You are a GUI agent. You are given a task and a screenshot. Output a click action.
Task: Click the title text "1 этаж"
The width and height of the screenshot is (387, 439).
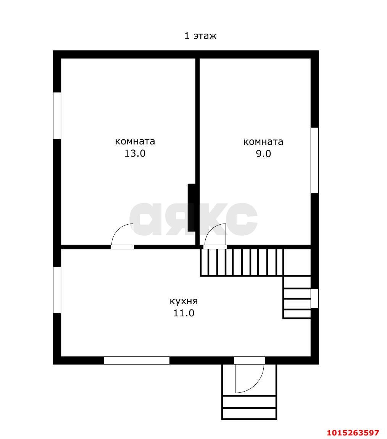coord(200,36)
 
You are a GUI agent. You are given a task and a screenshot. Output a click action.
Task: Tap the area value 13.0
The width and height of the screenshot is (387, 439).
coord(135,154)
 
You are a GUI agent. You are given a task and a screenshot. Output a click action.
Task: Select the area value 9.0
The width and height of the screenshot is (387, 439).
coord(263,154)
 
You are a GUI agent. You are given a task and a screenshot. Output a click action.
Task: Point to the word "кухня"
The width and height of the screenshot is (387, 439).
coord(184,301)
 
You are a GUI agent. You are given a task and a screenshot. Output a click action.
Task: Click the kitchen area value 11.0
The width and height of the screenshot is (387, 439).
coord(184,313)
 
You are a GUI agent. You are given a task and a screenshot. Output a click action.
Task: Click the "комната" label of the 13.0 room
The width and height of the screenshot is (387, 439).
coord(135,141)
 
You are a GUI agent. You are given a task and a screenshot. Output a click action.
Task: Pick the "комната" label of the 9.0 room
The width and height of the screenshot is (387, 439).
coord(263,142)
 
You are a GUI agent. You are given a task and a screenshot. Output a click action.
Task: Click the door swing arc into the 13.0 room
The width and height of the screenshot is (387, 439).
coord(121,233)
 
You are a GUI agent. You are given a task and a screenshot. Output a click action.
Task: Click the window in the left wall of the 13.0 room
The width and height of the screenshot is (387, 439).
coord(57,116)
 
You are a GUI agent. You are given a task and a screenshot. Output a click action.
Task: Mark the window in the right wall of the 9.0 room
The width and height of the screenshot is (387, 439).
coord(314,160)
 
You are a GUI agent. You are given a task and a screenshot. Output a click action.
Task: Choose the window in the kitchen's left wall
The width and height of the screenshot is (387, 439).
coord(57,290)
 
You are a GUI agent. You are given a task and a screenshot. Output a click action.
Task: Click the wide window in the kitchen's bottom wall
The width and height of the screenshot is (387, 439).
coord(137,360)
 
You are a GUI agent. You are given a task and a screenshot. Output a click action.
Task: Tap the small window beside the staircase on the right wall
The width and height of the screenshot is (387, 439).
coord(314,298)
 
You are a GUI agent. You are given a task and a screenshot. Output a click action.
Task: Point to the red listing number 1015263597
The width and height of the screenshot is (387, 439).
coord(353,433)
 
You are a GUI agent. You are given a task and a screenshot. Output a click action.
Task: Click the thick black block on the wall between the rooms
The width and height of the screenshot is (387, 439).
coord(192,207)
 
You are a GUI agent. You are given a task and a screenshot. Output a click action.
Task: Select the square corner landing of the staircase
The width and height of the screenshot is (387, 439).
coord(297,262)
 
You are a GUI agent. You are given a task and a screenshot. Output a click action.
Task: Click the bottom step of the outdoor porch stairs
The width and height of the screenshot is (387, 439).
coord(249,414)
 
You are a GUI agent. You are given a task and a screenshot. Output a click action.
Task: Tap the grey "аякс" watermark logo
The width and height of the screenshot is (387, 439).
coord(193,219)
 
